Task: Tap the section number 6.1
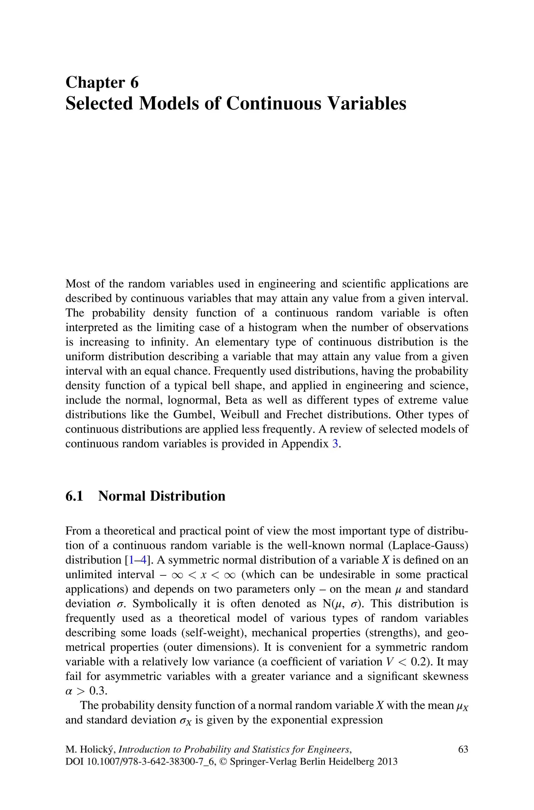[x=74, y=496]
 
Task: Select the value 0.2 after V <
[x=419, y=662]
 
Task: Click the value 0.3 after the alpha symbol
[x=98, y=691]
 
